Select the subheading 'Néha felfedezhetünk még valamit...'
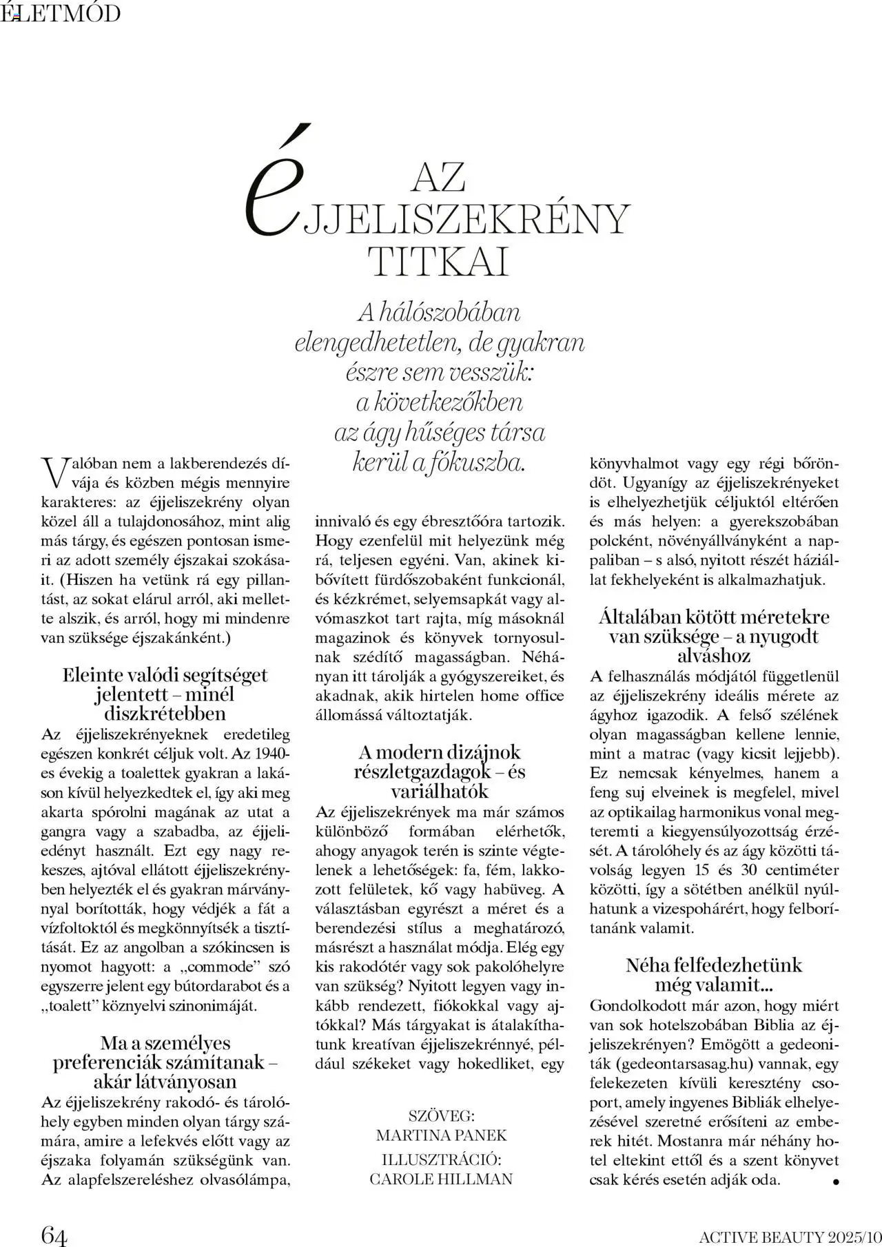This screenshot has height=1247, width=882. click(x=714, y=974)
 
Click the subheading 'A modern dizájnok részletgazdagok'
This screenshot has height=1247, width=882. click(x=440, y=761)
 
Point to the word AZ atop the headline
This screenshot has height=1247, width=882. click(x=438, y=177)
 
